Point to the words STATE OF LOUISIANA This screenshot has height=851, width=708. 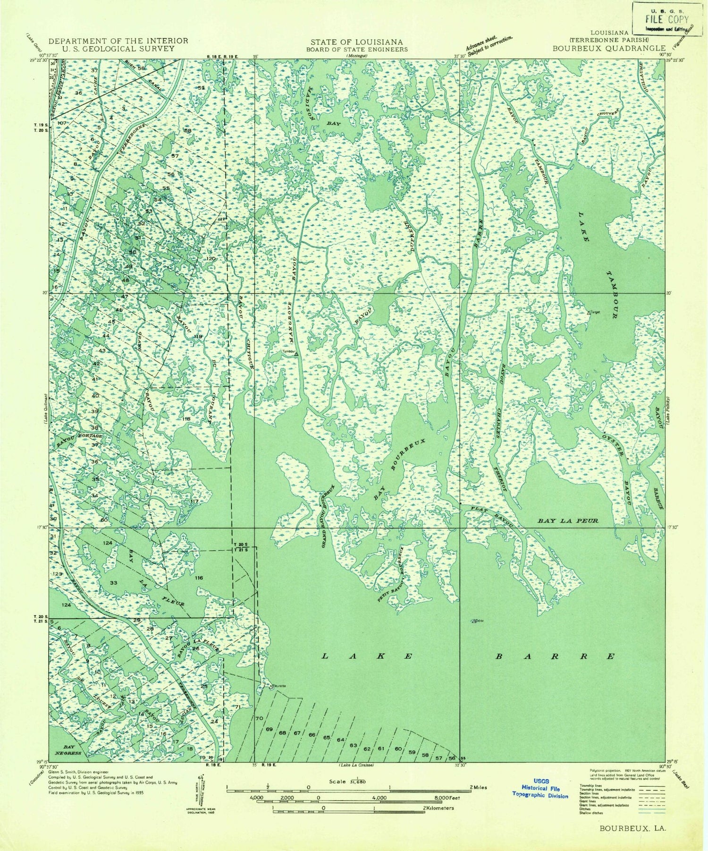click(356, 42)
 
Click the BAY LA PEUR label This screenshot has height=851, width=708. click(568, 521)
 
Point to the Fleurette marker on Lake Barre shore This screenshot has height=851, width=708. click(271, 687)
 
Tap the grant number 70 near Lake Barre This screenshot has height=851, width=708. click(259, 718)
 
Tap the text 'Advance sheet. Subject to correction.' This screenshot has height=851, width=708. click(489, 45)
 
